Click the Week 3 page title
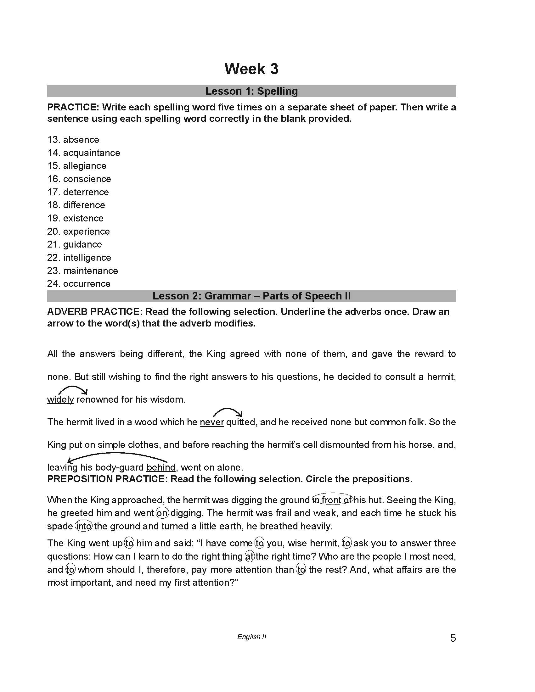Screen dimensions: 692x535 251,69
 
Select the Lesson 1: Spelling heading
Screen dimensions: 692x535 251,91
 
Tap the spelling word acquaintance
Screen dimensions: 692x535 91,153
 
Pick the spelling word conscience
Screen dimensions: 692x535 87,179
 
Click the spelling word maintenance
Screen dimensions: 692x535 90,271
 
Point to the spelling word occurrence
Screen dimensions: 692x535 87,284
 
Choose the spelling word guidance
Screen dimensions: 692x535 82,245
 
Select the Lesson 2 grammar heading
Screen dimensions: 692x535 251,296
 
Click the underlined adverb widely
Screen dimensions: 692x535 60,399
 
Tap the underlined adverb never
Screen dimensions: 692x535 212,422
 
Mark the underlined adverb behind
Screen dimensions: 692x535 161,468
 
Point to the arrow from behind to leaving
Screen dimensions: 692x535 117,456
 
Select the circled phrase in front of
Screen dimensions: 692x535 332,500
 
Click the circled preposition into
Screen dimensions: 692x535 84,526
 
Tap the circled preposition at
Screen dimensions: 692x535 250,556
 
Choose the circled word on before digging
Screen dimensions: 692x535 162,513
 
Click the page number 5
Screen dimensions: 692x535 453,638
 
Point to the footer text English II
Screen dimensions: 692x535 252,637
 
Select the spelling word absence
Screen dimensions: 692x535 81,140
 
